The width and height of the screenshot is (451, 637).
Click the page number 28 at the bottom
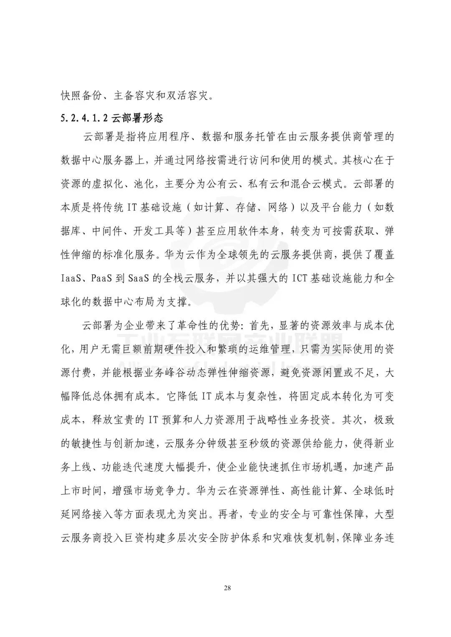pyautogui.click(x=227, y=588)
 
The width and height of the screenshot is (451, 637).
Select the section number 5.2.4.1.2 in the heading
pyautogui.click(x=85, y=118)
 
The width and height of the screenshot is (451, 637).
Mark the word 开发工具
pyautogui.click(x=153, y=232)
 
